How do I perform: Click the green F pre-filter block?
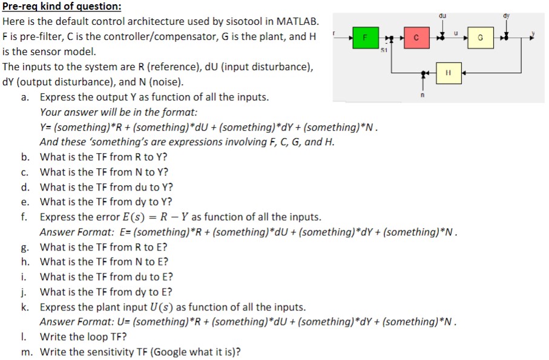tap(365, 38)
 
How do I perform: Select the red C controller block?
tap(415, 38)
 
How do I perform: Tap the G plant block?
tap(480, 38)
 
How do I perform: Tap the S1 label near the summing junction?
tap(384, 50)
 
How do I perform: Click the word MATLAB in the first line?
tap(297, 21)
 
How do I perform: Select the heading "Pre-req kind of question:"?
tap(62, 7)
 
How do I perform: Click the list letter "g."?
tap(25, 247)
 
